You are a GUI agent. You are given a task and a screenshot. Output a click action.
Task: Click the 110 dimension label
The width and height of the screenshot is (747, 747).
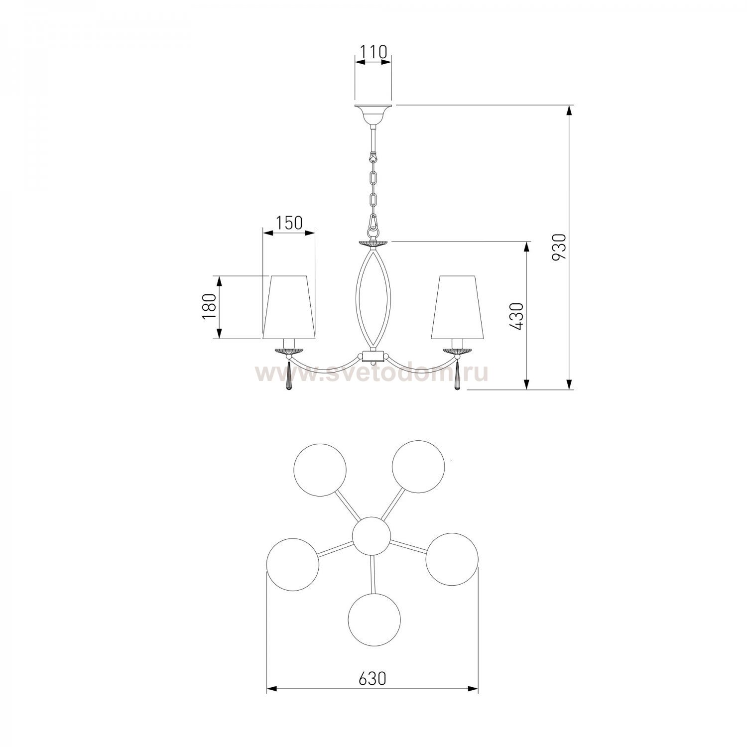(373, 51)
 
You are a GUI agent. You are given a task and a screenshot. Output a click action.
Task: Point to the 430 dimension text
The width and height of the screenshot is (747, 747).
(517, 316)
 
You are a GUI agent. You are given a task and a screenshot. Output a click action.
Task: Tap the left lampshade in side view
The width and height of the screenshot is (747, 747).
(289, 306)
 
